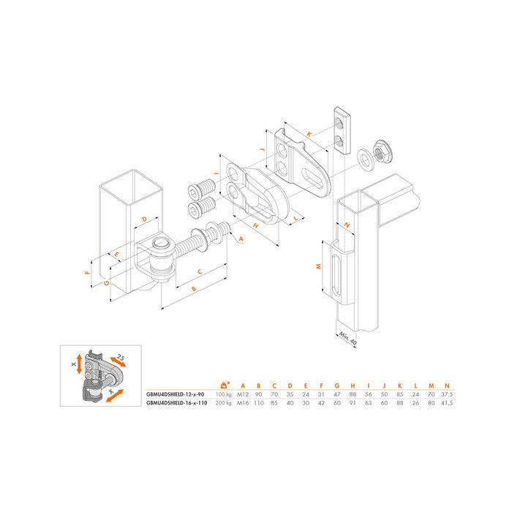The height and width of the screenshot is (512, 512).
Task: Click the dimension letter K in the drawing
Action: tap(310, 134)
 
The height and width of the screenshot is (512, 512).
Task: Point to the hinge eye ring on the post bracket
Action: tap(159, 244)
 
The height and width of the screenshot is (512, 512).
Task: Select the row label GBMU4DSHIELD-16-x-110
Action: tap(177, 402)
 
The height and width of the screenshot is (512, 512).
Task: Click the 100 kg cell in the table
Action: tap(223, 394)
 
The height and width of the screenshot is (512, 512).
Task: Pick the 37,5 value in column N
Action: tap(445, 394)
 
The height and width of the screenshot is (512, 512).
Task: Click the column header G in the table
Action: tap(337, 385)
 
